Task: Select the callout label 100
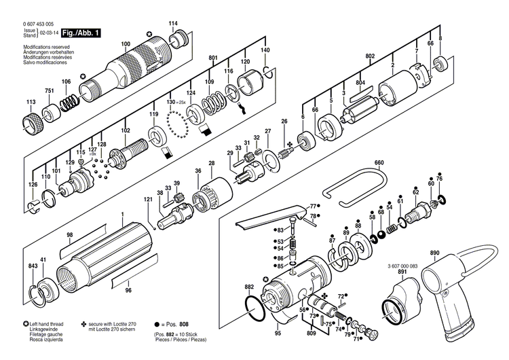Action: pos(126,45)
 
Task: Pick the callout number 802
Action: pos(370,56)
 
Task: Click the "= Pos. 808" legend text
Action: pos(173,325)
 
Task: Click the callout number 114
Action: pos(173,23)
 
